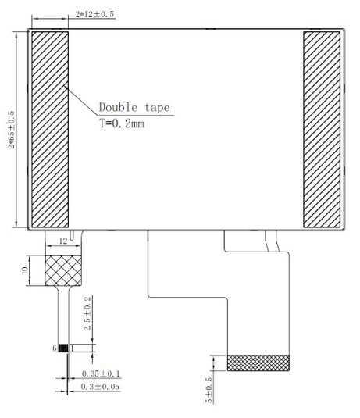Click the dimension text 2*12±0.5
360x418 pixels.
click(94, 14)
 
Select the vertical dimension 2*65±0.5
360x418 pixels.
click(12, 130)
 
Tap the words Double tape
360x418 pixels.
click(134, 108)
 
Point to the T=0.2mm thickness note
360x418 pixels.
click(122, 123)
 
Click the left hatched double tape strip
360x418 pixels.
click(50, 130)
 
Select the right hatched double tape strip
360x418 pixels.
click(322, 130)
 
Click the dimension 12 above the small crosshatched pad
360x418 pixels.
click(63, 241)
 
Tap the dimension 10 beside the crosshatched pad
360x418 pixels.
click(24, 270)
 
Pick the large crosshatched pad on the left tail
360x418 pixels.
click(63, 270)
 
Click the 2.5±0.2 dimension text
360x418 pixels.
click(87, 313)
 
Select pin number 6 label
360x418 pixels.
click(55, 348)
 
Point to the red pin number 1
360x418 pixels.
click(72, 348)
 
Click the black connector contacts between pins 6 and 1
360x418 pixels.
click(63, 348)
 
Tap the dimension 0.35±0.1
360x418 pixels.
click(101, 373)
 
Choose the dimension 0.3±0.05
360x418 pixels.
click(100, 387)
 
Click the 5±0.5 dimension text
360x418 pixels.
click(209, 390)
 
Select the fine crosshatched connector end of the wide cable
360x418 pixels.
click(258, 363)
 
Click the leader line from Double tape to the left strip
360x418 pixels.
click(80, 101)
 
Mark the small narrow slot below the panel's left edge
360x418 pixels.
click(73, 235)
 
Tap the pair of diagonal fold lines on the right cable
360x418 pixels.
click(272, 241)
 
